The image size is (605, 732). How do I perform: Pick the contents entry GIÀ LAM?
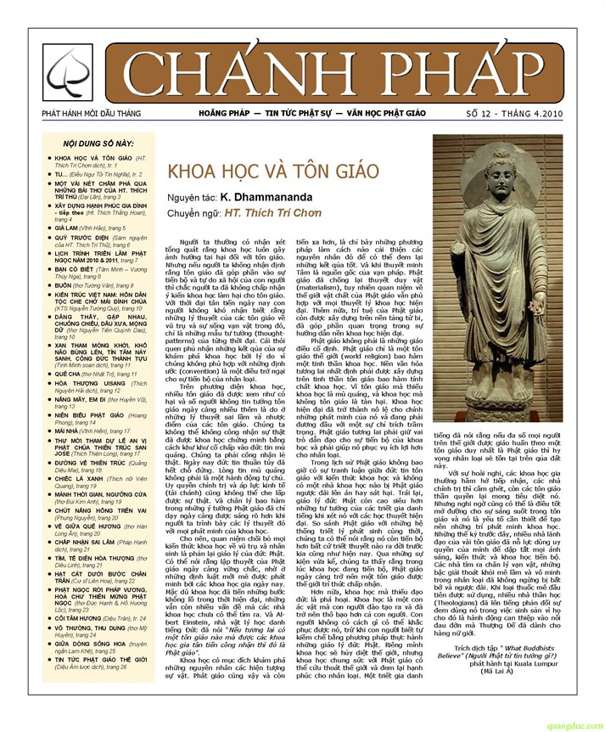point(66,228)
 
